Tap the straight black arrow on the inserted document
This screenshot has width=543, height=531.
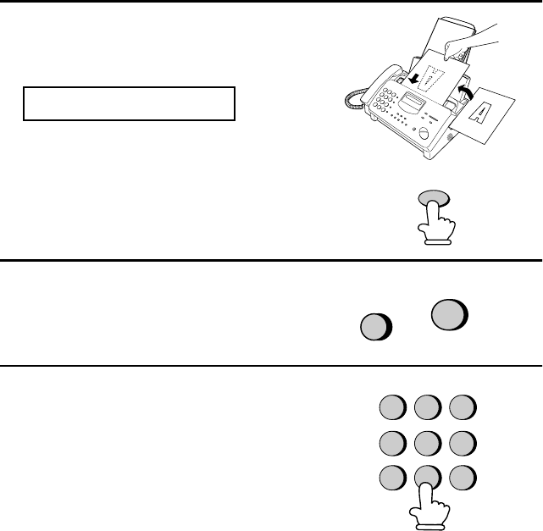pos(413,78)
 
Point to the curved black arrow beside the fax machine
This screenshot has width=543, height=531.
pos(464,92)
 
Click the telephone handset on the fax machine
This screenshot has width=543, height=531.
pos(380,83)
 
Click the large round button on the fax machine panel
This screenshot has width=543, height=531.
pos(424,133)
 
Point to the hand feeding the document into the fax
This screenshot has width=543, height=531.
pos(471,41)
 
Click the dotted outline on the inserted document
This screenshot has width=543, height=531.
pos(431,78)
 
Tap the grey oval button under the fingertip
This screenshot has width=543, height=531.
pos(434,198)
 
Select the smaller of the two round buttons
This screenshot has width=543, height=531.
pos(376,327)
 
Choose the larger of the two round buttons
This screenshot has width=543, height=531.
pos(450,314)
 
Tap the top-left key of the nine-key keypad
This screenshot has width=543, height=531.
pos(393,407)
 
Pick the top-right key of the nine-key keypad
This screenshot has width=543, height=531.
pos(463,407)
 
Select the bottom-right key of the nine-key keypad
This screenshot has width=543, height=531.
pos(463,478)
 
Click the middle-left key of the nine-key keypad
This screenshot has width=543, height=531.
pos(393,443)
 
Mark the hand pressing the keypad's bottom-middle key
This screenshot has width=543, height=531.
pos(429,507)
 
